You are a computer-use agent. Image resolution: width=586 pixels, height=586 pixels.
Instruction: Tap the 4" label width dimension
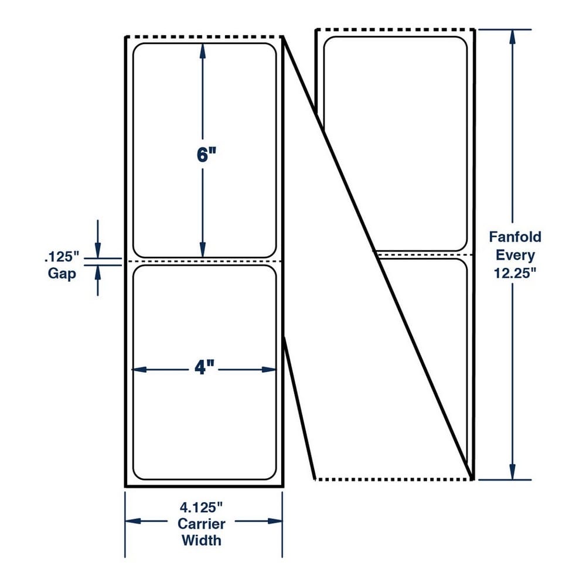coord(205,368)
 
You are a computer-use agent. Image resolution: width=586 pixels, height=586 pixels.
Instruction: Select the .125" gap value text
coord(62,257)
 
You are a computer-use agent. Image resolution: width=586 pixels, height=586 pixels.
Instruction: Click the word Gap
coord(62,274)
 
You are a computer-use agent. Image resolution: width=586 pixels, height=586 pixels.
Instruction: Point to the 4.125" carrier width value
coord(201,507)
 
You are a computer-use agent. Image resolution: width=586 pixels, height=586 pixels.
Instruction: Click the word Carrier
coord(201,523)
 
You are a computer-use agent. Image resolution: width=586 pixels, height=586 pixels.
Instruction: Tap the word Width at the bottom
coord(201,540)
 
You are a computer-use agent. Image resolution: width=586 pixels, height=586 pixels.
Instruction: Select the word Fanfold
coord(515,237)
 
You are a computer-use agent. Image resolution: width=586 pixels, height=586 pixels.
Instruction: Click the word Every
coord(515,255)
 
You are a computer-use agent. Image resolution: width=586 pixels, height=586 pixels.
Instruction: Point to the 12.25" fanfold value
coord(515,273)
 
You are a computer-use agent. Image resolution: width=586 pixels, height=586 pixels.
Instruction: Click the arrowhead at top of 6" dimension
coord(203,50)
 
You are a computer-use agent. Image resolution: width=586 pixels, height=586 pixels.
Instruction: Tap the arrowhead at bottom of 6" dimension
coord(203,250)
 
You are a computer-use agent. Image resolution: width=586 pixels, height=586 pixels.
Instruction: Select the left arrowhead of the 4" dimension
coord(139,370)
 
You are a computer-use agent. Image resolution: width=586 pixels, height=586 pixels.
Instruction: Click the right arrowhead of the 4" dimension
coord(269,370)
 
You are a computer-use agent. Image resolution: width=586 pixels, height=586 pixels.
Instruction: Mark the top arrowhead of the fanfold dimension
coord(512,37)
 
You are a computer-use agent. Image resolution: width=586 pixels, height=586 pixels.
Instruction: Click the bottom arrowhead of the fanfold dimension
coord(512,472)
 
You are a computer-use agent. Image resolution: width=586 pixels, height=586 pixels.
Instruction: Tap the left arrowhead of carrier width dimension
coord(132,521)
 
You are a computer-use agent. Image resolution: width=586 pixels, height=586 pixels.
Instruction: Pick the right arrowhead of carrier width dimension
coord(275,521)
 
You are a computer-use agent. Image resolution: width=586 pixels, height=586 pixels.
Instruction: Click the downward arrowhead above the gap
coord(98,250)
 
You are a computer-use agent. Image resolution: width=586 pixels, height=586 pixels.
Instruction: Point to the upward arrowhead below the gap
coord(98,273)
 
